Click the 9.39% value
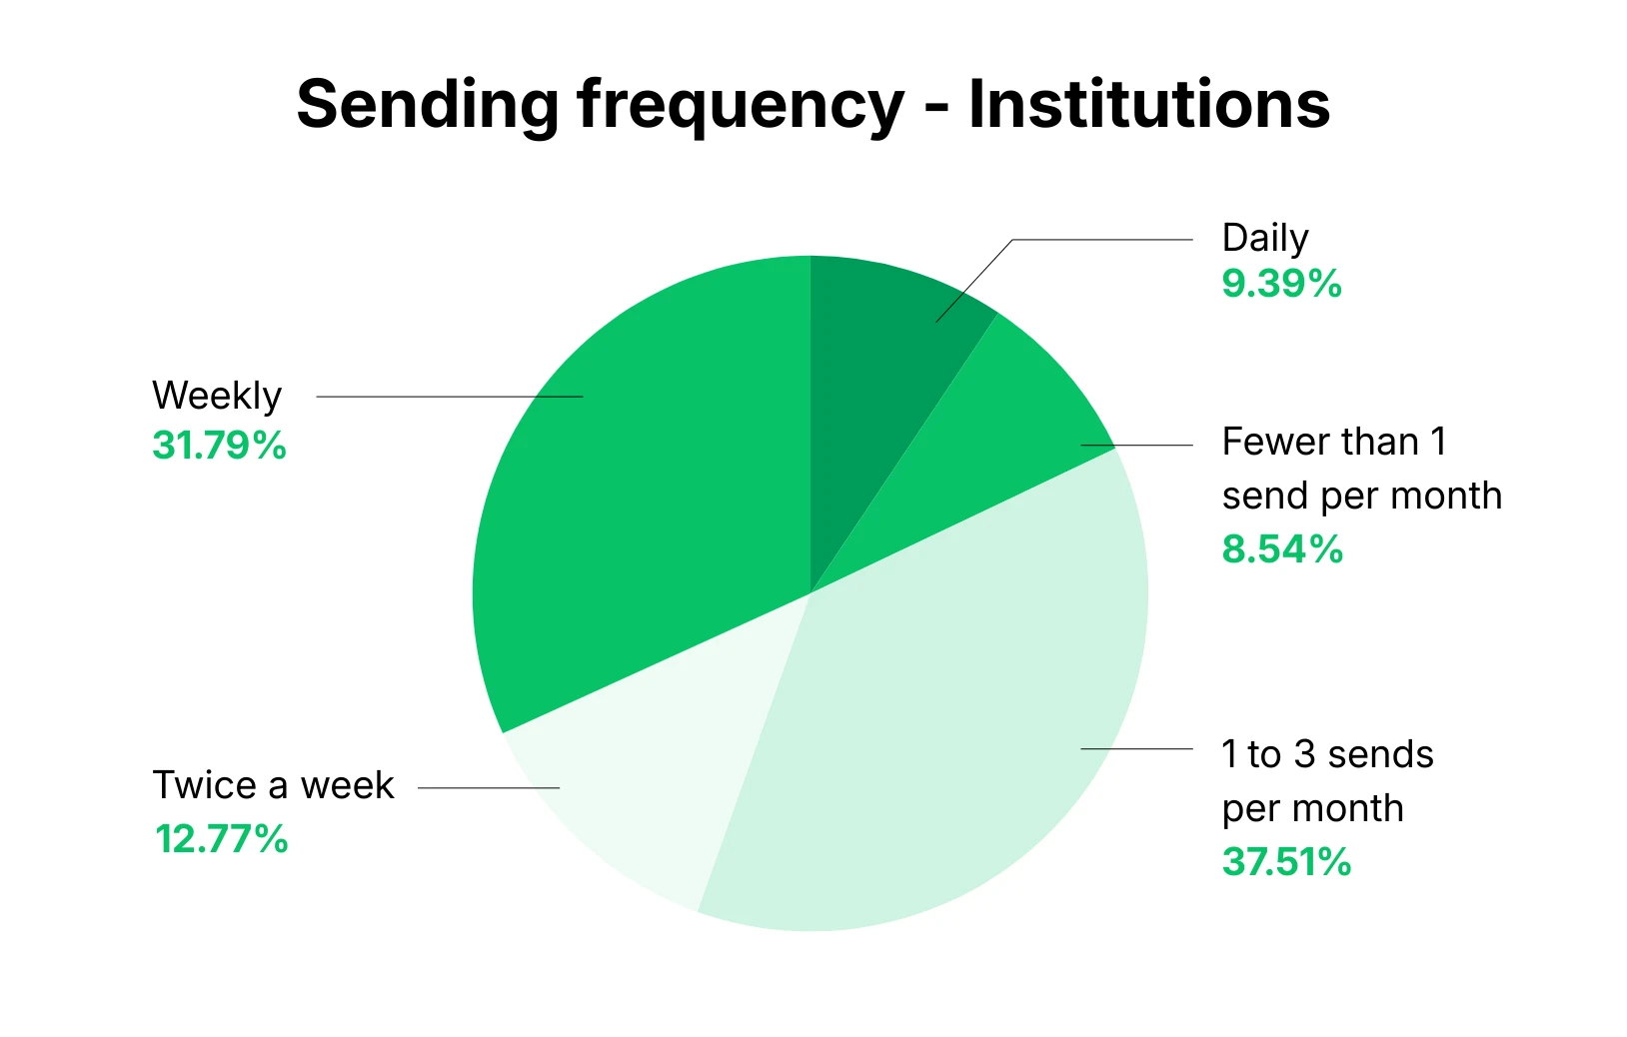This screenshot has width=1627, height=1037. tap(1281, 284)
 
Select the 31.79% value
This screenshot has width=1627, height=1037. tap(219, 446)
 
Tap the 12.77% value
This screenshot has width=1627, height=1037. tap(221, 839)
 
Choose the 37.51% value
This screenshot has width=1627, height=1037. tap(1286, 862)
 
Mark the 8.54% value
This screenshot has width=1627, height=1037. tap(1282, 549)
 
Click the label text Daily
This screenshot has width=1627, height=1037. tap(1265, 239)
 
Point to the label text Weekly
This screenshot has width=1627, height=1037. tap(217, 397)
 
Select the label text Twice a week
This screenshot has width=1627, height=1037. tap(273, 786)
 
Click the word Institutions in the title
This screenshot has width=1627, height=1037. tap(1149, 104)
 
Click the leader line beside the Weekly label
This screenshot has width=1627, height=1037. tap(450, 397)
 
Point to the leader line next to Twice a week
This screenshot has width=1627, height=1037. tap(489, 788)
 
